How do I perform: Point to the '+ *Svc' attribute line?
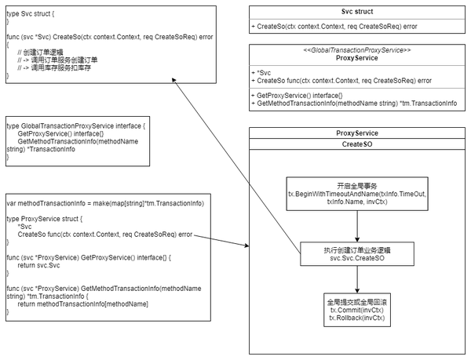262,71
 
